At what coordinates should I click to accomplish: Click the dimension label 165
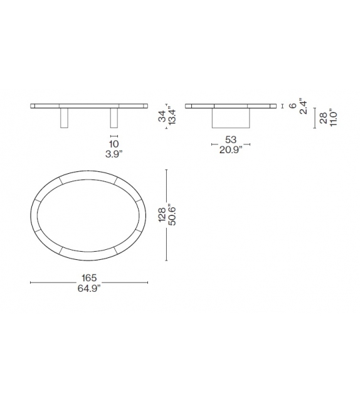(x=88, y=277)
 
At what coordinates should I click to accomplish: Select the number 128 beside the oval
(x=162, y=215)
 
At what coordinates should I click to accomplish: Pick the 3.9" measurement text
(x=114, y=155)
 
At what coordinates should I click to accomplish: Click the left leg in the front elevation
(x=63, y=117)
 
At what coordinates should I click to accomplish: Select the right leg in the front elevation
(x=114, y=117)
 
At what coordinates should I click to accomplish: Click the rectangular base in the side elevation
(x=231, y=118)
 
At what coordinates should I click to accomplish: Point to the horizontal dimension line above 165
(x=88, y=283)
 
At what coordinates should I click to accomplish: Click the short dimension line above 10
(x=114, y=136)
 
